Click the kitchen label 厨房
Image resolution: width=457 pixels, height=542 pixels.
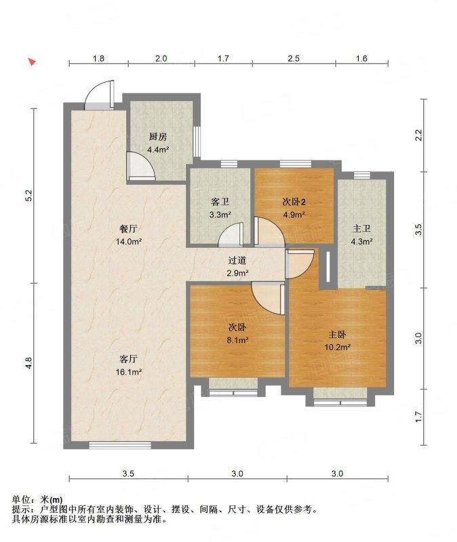pyautogui.click(x=158, y=137)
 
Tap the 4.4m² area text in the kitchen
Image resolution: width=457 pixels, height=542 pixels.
pyautogui.click(x=158, y=150)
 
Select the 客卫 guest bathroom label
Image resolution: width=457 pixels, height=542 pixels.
pyautogui.click(x=220, y=201)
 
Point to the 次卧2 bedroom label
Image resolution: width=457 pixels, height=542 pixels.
pyautogui.click(x=294, y=201)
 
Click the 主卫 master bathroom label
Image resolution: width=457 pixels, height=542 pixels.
pyautogui.click(x=361, y=228)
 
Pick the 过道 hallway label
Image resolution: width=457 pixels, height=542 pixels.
pyautogui.click(x=237, y=260)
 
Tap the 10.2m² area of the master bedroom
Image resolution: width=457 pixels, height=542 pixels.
pyautogui.click(x=337, y=347)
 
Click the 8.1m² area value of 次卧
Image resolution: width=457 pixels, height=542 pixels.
pyautogui.click(x=237, y=340)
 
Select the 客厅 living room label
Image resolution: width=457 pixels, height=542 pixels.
pyautogui.click(x=128, y=359)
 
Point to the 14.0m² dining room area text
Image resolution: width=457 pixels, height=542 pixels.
pyautogui.click(x=128, y=241)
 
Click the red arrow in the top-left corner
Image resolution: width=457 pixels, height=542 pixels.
pyautogui.click(x=32, y=62)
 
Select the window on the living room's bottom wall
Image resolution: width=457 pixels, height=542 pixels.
pyautogui.click(x=120, y=445)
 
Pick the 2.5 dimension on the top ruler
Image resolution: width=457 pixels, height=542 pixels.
pyautogui.click(x=294, y=58)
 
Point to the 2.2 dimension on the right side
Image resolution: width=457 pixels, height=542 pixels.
pyautogui.click(x=418, y=135)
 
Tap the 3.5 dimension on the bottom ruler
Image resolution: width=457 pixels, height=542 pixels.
pyautogui.click(x=128, y=474)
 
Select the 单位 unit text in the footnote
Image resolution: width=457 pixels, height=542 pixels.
pyautogui.click(x=21, y=499)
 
